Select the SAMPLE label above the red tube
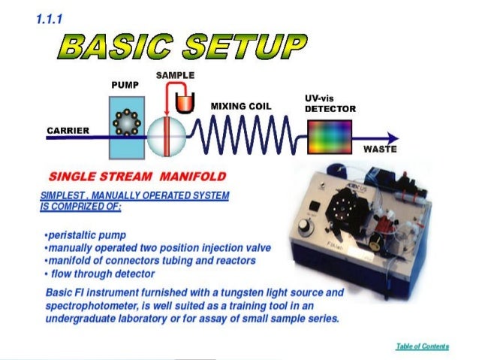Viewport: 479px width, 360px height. pyautogui.click(x=175, y=75)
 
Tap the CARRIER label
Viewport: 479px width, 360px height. pyautogui.click(x=68, y=130)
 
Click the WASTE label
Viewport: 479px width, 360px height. pyautogui.click(x=380, y=149)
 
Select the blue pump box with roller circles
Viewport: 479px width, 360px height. pyautogui.click(x=124, y=131)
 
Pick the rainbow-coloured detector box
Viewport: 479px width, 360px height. pyautogui.click(x=330, y=136)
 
